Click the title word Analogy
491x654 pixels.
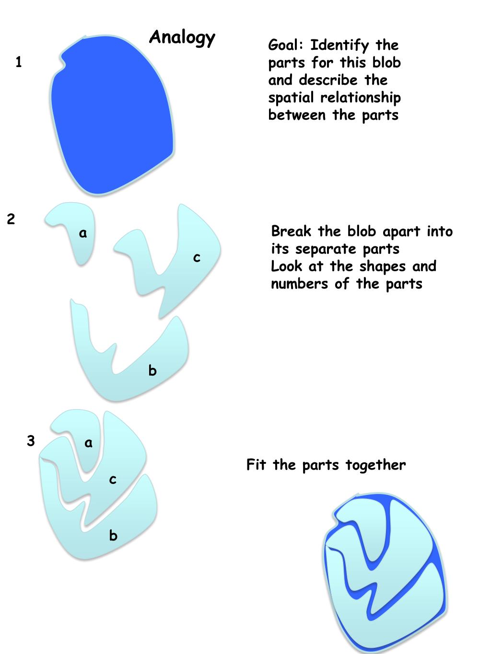pos(182,38)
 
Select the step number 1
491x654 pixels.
pos(19,62)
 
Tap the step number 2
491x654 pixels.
pos(11,219)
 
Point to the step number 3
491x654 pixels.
pos(31,441)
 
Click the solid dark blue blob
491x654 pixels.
pos(112,115)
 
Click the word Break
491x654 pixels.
pos(292,231)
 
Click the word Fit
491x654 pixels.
pos(256,464)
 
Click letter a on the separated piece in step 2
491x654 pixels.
pos(83,233)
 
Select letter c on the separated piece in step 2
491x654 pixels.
pos(197,258)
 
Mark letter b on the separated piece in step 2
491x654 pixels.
pos(152,370)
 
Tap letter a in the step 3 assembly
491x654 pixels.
pos(89,443)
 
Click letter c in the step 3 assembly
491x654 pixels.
pos(113,480)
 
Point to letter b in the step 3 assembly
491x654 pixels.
pos(113,535)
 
